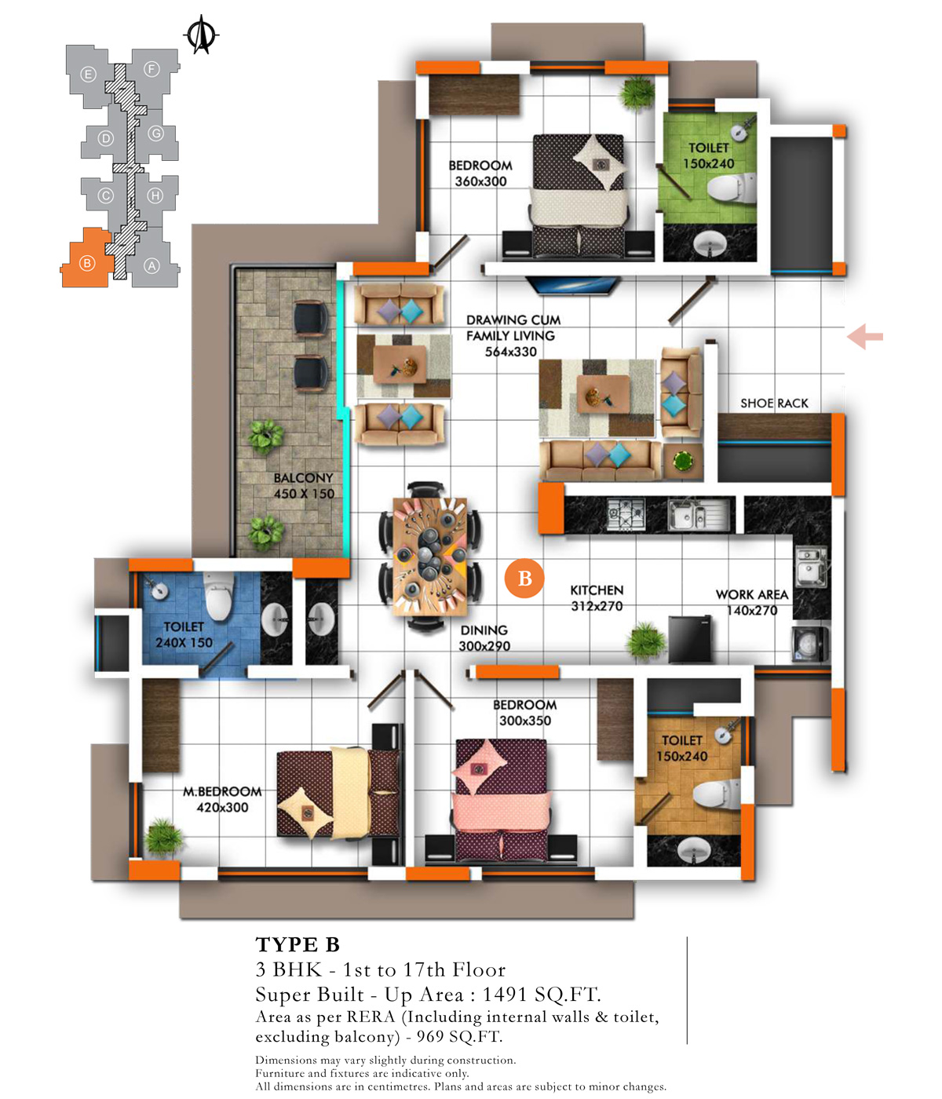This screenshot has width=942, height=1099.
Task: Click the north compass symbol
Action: [201, 35]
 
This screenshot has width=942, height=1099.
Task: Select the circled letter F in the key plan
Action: [152, 69]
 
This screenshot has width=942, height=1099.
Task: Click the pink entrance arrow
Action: [865, 337]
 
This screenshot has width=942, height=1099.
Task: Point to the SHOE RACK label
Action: [774, 403]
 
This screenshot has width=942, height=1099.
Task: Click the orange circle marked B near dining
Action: [524, 578]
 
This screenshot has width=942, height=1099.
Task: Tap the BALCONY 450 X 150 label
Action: [304, 486]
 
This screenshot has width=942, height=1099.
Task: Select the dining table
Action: [430, 556]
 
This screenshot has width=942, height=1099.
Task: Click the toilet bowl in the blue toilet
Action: [218, 596]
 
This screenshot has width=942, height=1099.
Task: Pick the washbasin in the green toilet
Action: [709, 244]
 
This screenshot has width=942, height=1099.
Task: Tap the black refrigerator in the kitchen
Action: [689, 640]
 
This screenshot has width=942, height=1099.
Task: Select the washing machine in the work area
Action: [809, 644]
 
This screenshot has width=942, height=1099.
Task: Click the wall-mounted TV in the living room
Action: [571, 286]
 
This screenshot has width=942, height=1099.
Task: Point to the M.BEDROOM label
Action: [222, 792]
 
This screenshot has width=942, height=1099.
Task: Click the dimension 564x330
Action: [510, 352]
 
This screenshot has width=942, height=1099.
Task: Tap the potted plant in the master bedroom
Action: [164, 837]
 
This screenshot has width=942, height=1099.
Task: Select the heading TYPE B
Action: [298, 945]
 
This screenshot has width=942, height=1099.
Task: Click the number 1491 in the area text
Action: [505, 995]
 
